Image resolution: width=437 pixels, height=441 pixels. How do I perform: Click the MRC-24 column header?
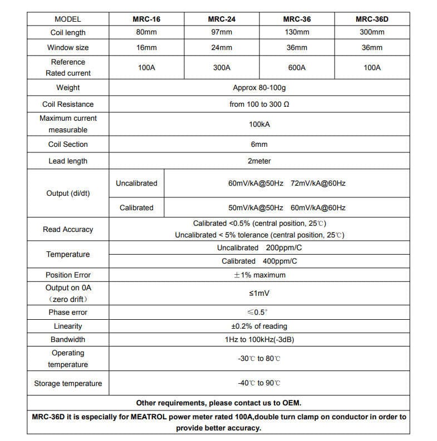[222, 19]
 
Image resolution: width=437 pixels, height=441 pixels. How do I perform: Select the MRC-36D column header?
[372, 19]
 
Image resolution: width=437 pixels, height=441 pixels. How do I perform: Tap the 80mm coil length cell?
[146, 32]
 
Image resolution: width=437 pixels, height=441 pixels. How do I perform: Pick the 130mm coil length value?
[297, 32]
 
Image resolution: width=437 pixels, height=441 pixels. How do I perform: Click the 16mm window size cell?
[146, 47]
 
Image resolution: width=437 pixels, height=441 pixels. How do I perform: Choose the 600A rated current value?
[297, 67]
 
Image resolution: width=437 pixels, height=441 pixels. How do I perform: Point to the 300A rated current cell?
[222, 67]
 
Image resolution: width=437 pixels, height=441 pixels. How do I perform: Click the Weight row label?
[68, 87]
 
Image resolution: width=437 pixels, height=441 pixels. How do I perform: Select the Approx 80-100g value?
[259, 88]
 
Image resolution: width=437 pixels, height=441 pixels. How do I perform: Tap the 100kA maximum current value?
[259, 124]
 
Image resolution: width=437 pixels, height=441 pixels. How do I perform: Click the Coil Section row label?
[68, 144]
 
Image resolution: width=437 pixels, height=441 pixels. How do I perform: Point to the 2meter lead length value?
[259, 161]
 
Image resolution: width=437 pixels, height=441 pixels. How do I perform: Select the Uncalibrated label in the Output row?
[136, 183]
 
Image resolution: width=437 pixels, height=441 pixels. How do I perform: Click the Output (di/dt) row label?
[68, 194]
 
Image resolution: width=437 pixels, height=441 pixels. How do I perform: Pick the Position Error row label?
[68, 275]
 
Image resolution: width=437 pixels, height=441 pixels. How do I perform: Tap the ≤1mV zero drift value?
[259, 293]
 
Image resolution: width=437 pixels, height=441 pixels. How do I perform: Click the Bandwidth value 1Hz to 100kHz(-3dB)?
[259, 339]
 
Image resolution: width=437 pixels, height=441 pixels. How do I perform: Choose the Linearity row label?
[68, 326]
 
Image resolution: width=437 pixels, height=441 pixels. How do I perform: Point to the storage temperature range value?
[259, 383]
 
